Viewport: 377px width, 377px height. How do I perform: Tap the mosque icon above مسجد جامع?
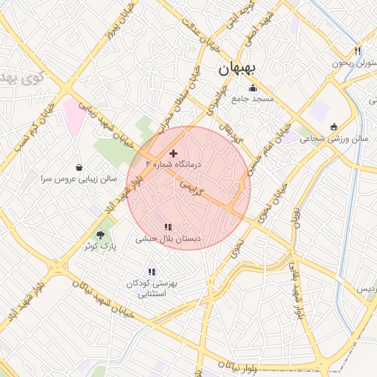[x=253, y=88]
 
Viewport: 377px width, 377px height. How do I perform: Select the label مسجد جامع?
[x=253, y=99]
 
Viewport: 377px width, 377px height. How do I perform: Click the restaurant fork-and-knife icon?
[x=358, y=52]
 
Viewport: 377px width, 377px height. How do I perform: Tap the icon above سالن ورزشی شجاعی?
[x=334, y=127]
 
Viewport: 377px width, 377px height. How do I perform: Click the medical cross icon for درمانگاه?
[x=173, y=153]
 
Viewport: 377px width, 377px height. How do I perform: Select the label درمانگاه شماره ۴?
[x=173, y=164]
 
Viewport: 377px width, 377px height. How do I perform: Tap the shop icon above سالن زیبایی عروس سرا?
[x=80, y=167]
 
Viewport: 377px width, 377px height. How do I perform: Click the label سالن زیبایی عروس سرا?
[x=80, y=179]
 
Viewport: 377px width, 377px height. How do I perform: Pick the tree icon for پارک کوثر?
[x=91, y=233]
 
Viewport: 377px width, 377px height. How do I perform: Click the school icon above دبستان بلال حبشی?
[x=168, y=228]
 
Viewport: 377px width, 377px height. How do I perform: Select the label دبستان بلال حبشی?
[x=168, y=239]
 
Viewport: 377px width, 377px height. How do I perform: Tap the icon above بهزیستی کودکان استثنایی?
[x=152, y=272]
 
